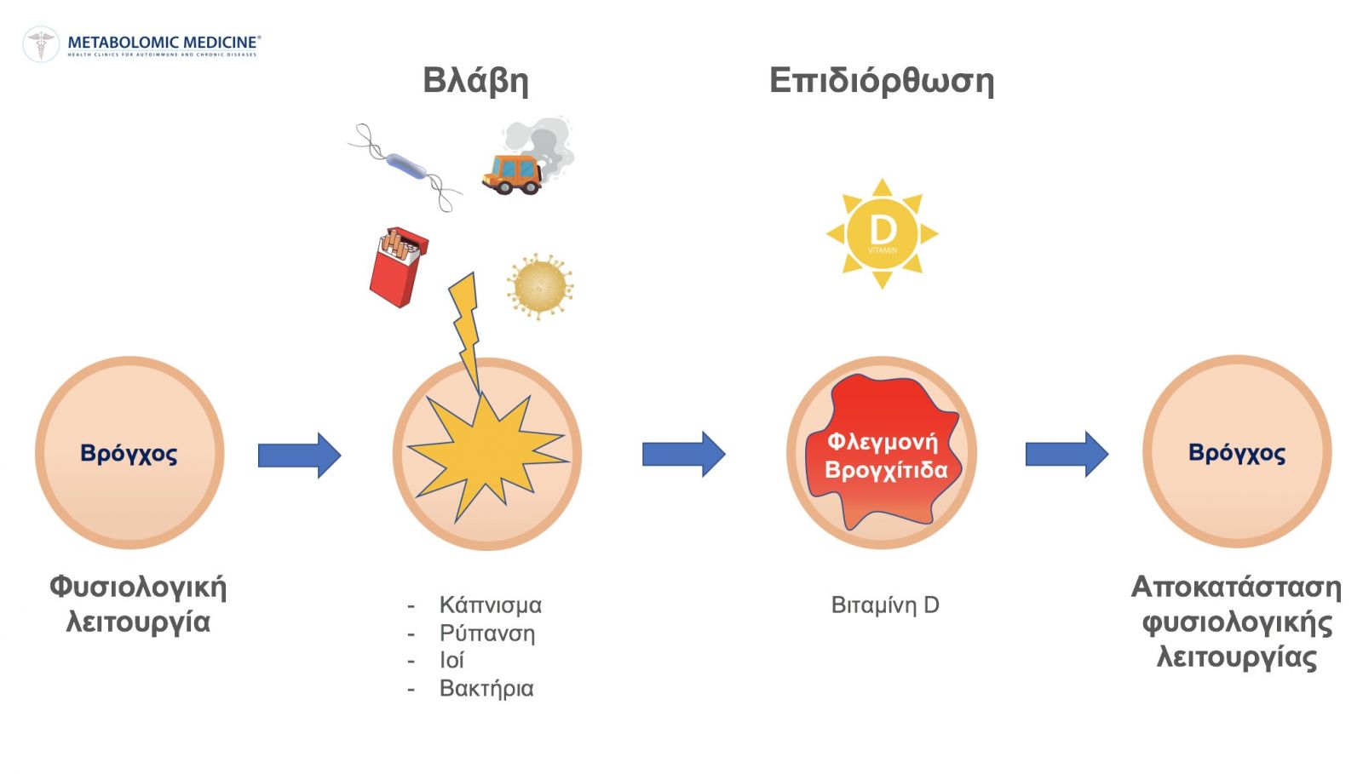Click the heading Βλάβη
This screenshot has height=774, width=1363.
(x=476, y=81)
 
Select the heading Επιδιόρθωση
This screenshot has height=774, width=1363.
(x=882, y=81)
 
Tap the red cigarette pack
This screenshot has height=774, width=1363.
(x=399, y=267)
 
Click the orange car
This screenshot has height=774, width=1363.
(x=512, y=175)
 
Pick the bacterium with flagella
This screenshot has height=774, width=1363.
(x=405, y=167)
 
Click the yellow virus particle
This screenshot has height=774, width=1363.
(x=540, y=286)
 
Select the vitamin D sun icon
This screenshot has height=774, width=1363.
(x=883, y=233)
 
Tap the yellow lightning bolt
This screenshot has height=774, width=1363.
(x=466, y=331)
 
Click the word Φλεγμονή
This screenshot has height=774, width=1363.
(x=883, y=441)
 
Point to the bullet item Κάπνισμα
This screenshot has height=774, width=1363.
(x=491, y=605)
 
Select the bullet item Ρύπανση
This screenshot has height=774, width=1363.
(x=487, y=633)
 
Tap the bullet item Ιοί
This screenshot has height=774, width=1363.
(x=451, y=660)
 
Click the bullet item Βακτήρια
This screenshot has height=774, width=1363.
(x=486, y=688)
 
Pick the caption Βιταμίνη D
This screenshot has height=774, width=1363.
(x=885, y=605)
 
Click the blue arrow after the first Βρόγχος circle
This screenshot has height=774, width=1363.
(x=299, y=456)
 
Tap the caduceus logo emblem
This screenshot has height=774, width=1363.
(x=41, y=44)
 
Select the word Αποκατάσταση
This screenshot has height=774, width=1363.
(x=1236, y=588)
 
